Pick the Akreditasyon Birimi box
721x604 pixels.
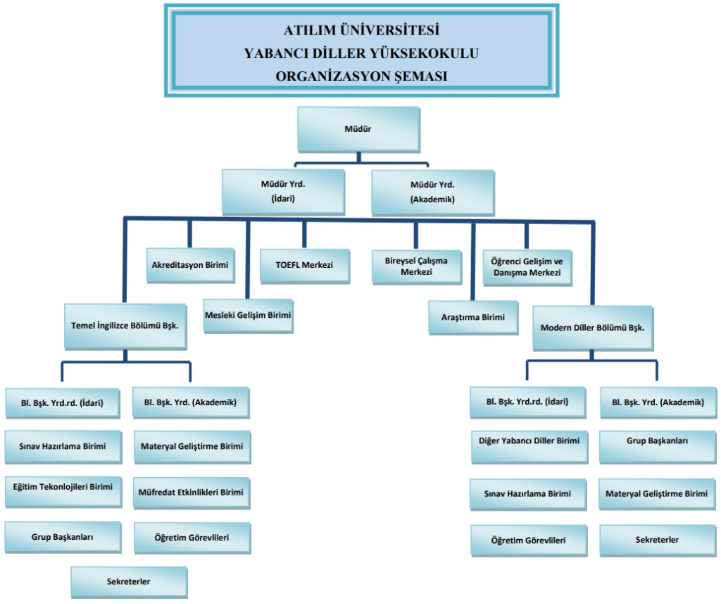[190, 266]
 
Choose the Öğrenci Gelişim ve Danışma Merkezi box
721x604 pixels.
[526, 267]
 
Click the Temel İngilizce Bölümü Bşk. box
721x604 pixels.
[126, 327]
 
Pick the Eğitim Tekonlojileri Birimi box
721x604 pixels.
[62, 486]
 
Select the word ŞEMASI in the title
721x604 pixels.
[419, 76]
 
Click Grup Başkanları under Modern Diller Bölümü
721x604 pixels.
[657, 441]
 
